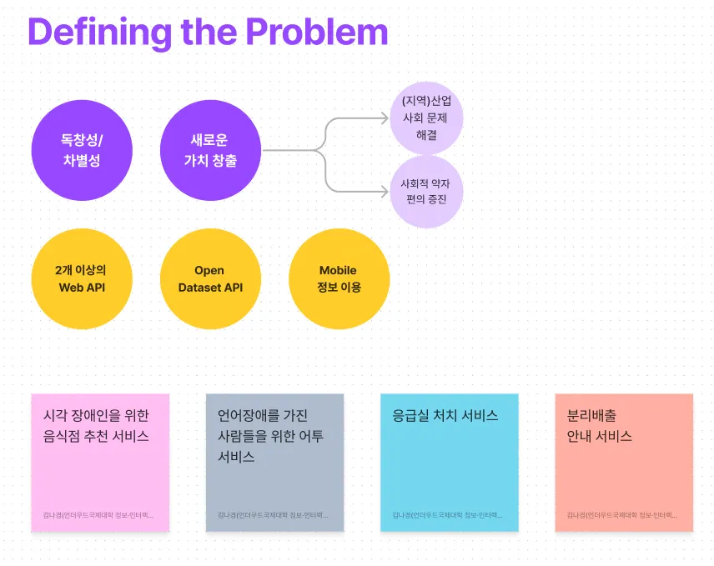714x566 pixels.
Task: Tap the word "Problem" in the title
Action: (317, 32)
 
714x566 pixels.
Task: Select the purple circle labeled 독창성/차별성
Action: (82, 151)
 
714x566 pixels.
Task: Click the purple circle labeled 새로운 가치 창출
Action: (210, 151)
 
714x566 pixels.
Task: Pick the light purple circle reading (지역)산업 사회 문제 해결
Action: (426, 118)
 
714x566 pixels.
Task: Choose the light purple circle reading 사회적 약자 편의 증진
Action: (426, 192)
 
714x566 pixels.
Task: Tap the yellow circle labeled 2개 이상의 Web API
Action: (82, 279)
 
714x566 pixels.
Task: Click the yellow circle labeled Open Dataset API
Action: (210, 279)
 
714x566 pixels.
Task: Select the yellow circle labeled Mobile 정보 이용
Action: (339, 279)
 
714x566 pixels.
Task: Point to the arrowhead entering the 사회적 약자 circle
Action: (385, 191)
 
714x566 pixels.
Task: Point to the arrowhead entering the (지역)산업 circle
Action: (385, 119)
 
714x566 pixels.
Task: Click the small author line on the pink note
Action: (98, 515)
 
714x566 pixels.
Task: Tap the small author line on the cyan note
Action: (448, 515)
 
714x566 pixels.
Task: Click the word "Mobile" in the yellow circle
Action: (338, 270)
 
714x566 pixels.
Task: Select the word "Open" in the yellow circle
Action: (209, 270)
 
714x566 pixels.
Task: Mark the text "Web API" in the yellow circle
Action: (82, 288)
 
